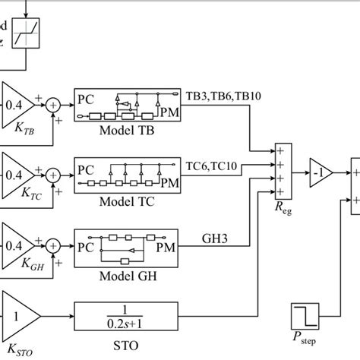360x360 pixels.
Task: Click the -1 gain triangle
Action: tap(320, 173)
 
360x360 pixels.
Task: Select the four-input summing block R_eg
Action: tap(283, 173)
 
